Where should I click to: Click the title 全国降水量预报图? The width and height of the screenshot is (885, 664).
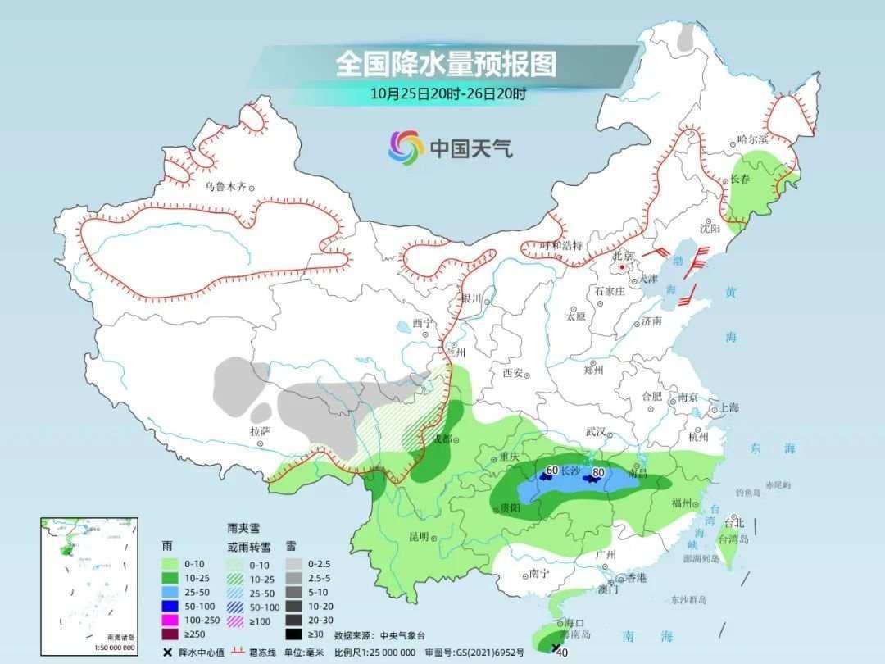coord(446,63)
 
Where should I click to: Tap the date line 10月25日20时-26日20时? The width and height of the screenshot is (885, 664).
coord(447,93)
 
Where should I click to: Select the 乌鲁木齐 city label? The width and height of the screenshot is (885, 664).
coord(225,187)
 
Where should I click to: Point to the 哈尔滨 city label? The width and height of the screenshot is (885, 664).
coord(752,140)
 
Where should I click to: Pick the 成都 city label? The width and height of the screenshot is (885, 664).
coord(442,439)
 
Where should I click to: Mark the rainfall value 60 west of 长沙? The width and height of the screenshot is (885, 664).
coord(551,471)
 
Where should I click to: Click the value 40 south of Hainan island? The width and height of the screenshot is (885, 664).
coord(562,653)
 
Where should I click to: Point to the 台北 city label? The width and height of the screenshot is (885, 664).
coord(734,522)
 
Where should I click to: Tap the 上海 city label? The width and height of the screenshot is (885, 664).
coord(728,407)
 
